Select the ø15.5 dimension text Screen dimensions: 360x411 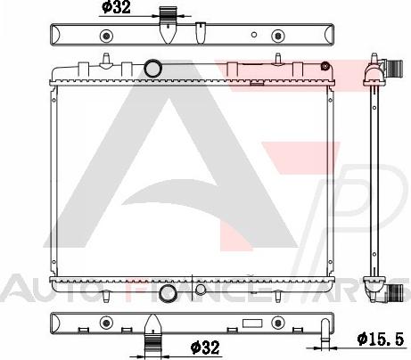tap(381, 339)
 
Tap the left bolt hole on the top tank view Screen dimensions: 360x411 tap(106, 37)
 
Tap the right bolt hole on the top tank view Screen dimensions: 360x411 tap(277, 37)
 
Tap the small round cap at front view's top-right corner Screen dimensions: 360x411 tap(325, 64)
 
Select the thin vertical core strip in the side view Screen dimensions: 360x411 tap(370, 178)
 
